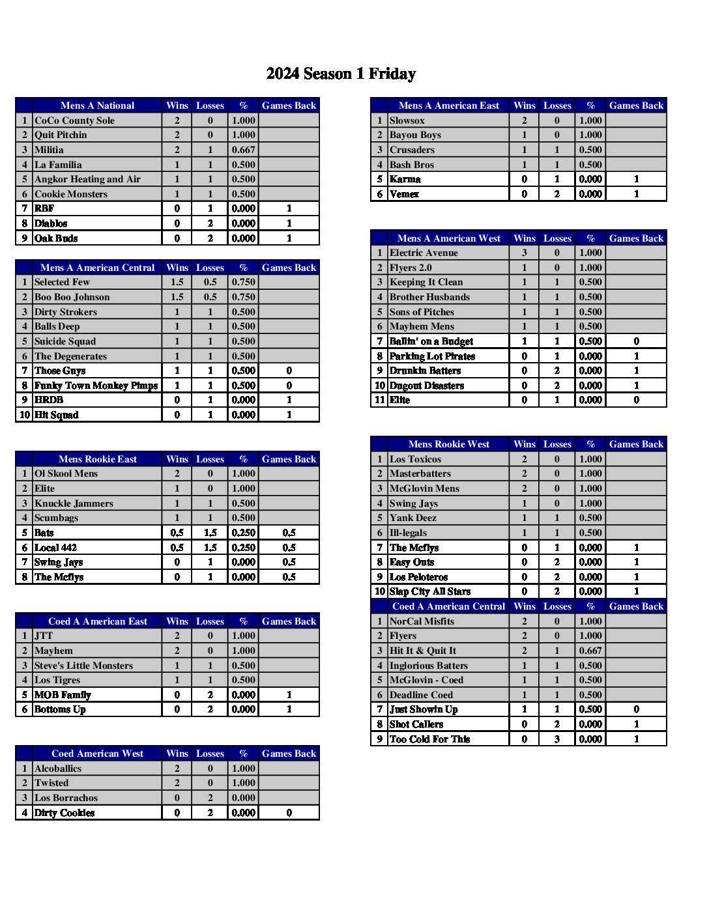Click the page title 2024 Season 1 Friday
pos(341,74)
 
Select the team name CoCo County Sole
pos(74,120)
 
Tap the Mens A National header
pos(97,106)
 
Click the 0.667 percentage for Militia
pos(243,150)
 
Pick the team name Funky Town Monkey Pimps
pos(96,386)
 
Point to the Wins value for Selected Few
pos(177,282)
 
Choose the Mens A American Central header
pos(97,268)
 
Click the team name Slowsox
pos(407,120)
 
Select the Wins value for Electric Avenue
pos(524,253)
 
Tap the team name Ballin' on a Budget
pos(431,341)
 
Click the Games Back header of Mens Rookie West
pos(636,444)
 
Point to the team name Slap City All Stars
pos(429,591)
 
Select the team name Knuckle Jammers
pos(74,503)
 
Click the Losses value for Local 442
pos(210,548)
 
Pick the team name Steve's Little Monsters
pos(83,666)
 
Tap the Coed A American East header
pos(98,621)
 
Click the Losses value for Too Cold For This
pos(557,739)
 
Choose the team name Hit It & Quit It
pos(422,651)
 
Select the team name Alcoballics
pos(58,769)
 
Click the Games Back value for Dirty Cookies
pos(289,813)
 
